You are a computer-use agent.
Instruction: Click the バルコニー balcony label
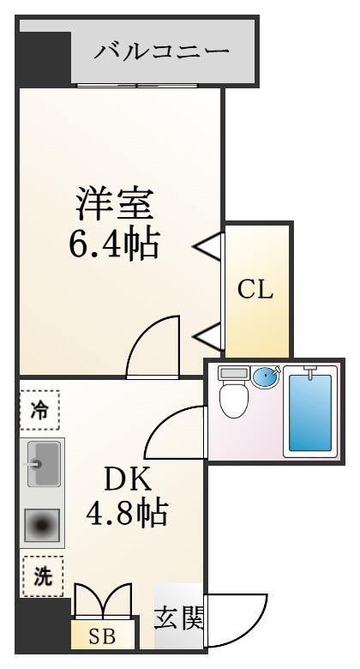pyautogui.click(x=161, y=52)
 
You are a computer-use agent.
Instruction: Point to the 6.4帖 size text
pyautogui.click(x=114, y=244)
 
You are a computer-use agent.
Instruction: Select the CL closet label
pyautogui.click(x=255, y=291)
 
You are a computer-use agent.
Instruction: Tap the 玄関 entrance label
pyautogui.click(x=179, y=618)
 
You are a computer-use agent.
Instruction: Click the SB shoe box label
pyautogui.click(x=102, y=636)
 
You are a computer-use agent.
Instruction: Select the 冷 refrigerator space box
pyautogui.click(x=39, y=410)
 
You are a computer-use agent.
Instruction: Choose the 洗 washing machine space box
pyautogui.click(x=43, y=576)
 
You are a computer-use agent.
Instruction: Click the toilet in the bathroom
pyautogui.click(x=233, y=392)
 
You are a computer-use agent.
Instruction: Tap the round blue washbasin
pyautogui.click(x=266, y=377)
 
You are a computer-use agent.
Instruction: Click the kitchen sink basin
pyautogui.click(x=44, y=464)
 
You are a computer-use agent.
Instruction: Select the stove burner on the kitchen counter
pyautogui.click(x=41, y=525)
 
